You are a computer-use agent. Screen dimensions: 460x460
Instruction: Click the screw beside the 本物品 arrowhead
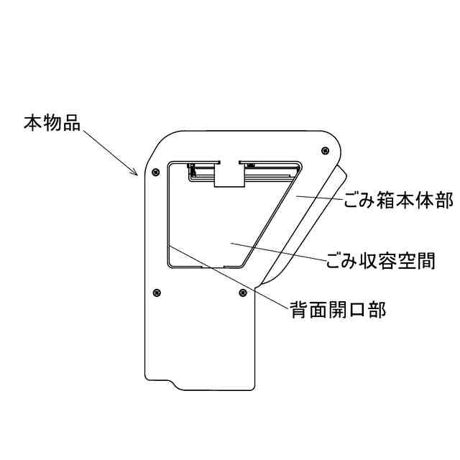point(156,172)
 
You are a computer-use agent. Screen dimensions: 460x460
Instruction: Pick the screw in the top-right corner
point(326,150)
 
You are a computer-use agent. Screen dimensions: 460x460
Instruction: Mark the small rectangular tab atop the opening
point(228,175)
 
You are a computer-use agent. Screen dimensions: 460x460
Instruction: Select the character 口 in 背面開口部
point(356,310)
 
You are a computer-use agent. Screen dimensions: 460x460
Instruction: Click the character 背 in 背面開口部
point(300,310)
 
